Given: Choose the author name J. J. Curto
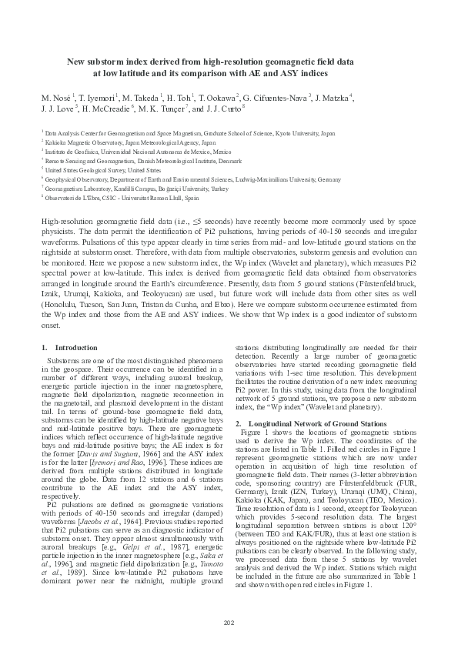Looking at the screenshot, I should click(219, 109).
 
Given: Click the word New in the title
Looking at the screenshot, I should click(76, 61).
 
